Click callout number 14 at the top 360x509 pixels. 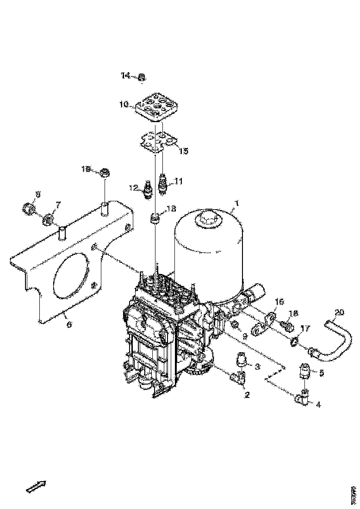[126, 76]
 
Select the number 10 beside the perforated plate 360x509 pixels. [124, 105]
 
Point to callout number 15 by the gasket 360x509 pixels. [184, 151]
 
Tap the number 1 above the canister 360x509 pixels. [237, 204]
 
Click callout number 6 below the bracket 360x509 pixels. [69, 325]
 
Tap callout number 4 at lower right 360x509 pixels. [318, 404]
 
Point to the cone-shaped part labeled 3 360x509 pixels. [242, 359]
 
